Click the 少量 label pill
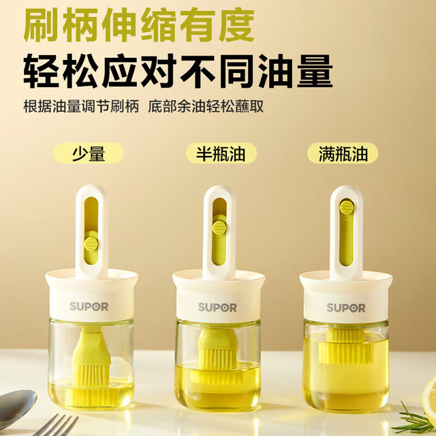click(89, 153)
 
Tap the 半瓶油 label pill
click(221, 153)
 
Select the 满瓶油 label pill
click(343, 153)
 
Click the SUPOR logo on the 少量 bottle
click(89, 307)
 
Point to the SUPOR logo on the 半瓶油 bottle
click(217, 307)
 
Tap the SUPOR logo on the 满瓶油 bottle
click(346, 308)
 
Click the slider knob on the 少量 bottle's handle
click(91, 243)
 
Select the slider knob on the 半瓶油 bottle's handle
click(219, 227)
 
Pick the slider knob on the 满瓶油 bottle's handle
click(347, 207)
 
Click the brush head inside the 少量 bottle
click(91, 367)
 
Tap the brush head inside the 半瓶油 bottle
click(217, 356)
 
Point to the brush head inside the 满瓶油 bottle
click(345, 347)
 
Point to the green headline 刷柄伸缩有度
click(139, 25)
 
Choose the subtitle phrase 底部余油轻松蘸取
click(206, 106)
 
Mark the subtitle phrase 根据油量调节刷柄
click(81, 106)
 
